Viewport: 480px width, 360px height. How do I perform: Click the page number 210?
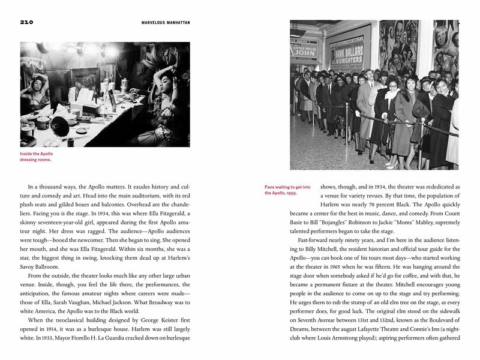click(26, 23)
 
